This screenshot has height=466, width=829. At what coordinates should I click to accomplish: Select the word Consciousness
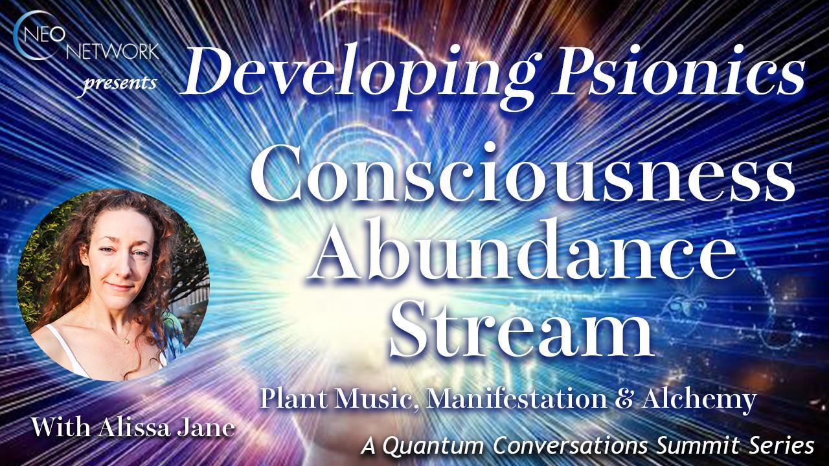point(523,178)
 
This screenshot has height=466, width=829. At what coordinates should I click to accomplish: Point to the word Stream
point(521,326)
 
